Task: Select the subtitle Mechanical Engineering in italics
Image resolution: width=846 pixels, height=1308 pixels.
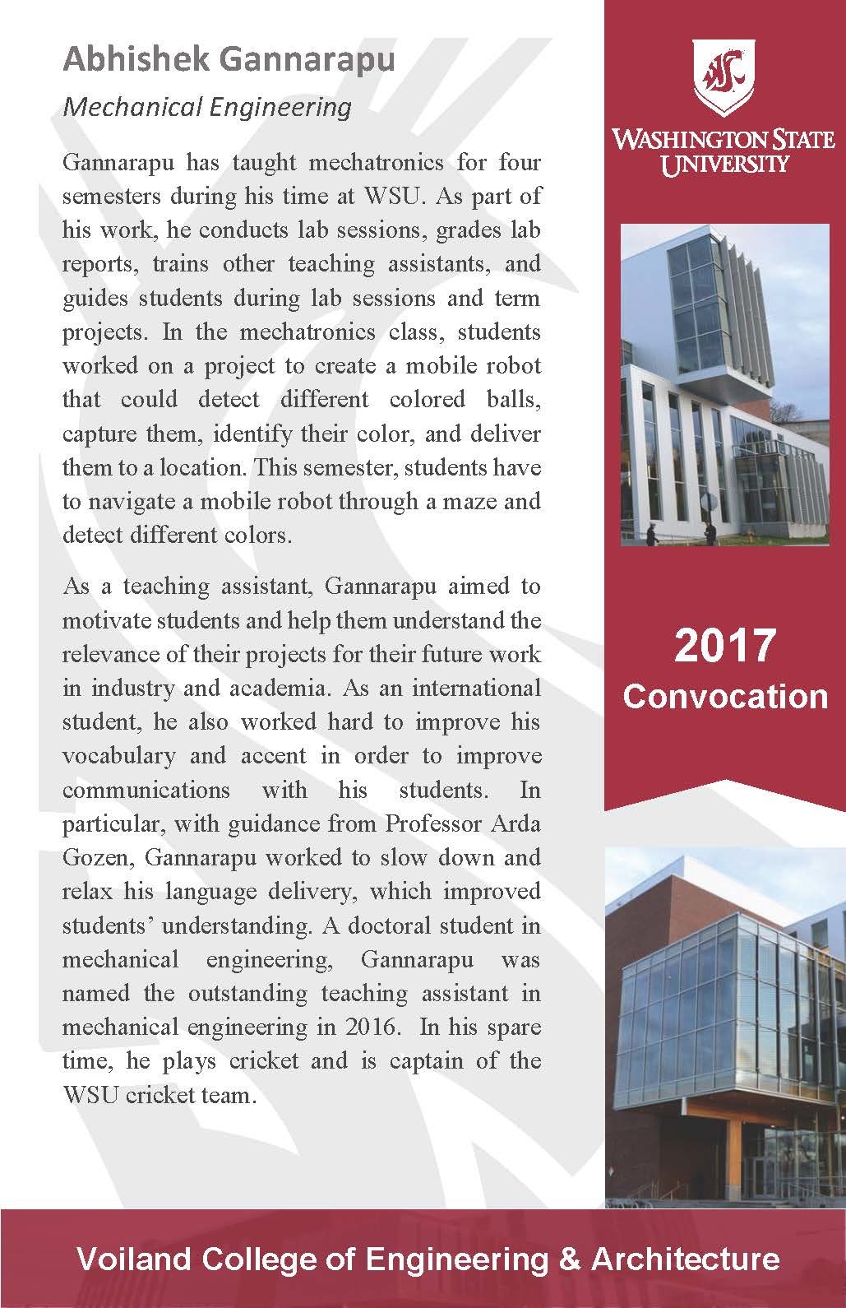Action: pos(207,107)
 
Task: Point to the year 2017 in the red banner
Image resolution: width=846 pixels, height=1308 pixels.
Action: pos(725,646)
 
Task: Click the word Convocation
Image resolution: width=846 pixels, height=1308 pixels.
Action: pos(725,696)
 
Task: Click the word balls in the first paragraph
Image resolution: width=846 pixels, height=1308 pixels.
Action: pos(512,400)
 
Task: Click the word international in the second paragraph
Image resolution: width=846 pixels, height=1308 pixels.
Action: pos(476,688)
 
